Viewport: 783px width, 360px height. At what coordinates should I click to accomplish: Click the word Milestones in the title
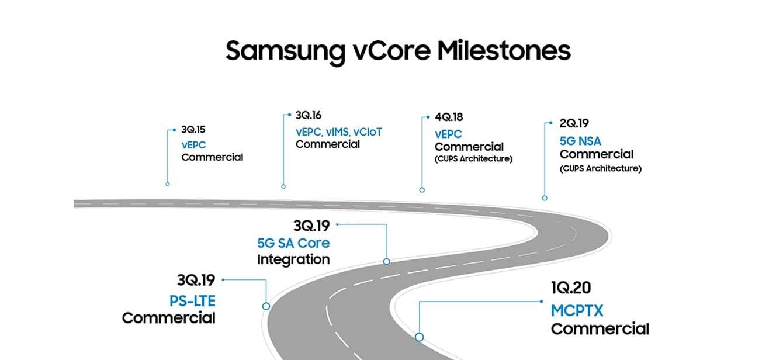tap(504, 51)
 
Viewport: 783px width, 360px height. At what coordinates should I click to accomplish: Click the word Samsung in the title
tap(285, 53)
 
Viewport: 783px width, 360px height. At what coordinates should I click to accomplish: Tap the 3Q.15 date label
tap(193, 130)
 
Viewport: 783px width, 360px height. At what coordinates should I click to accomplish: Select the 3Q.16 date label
tap(309, 115)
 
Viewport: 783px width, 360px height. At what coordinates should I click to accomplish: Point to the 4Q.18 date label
tap(449, 117)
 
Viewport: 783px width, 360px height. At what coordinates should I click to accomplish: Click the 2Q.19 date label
tap(574, 123)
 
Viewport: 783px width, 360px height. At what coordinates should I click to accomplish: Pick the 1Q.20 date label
tap(571, 288)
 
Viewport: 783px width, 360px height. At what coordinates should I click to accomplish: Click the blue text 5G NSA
tap(580, 141)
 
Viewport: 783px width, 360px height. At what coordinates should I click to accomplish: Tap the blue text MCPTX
tap(577, 311)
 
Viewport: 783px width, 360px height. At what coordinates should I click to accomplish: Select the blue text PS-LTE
tap(192, 301)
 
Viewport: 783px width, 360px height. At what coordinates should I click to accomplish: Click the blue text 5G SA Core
tap(293, 243)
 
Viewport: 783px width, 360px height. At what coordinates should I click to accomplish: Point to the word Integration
tap(293, 259)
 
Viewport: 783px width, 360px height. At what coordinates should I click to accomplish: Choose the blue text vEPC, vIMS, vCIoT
tap(339, 132)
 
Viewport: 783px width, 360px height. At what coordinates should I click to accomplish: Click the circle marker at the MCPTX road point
tap(419, 337)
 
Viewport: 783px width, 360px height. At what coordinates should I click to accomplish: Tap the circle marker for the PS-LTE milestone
tap(266, 306)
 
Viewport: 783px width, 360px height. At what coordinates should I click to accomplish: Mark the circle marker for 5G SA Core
tap(386, 261)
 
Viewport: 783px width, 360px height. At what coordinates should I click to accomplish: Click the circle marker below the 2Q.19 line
tap(545, 198)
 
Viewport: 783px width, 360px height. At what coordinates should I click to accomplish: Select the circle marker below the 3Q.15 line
tap(168, 184)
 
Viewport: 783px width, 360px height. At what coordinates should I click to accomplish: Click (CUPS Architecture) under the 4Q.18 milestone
tap(474, 159)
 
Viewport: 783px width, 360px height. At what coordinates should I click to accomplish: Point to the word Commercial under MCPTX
tap(600, 329)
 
